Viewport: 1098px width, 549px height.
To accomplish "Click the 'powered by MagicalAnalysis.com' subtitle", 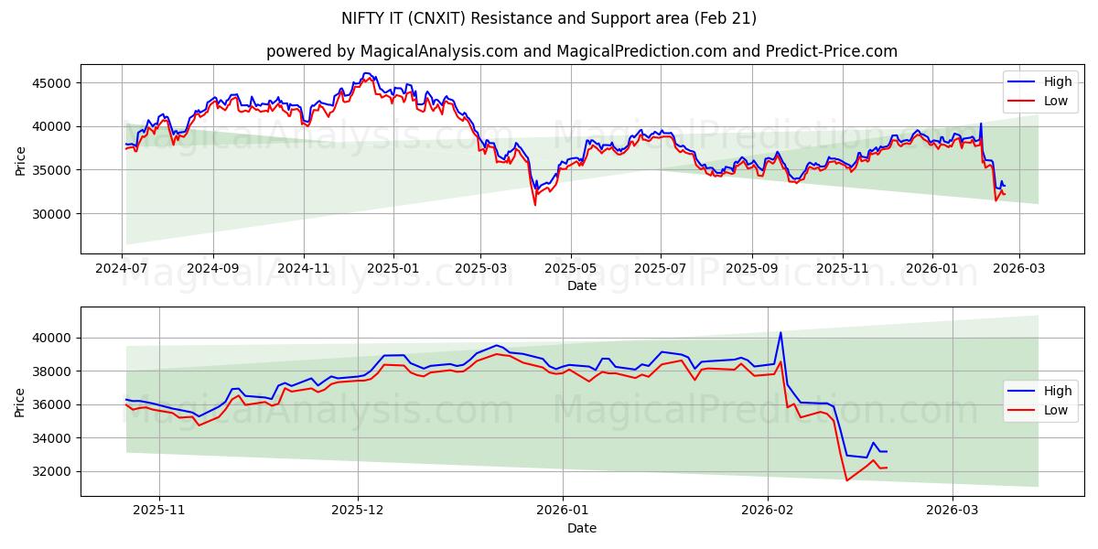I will [x=582, y=51].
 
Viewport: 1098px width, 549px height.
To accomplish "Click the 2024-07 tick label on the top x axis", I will [x=123, y=270].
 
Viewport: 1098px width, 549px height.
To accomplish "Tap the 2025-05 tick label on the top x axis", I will [x=571, y=270].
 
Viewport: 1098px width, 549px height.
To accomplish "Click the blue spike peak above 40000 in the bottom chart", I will [x=780, y=333].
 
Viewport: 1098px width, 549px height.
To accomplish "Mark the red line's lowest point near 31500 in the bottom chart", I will [x=846, y=480].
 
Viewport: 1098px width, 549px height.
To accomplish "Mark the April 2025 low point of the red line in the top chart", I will [x=535, y=204].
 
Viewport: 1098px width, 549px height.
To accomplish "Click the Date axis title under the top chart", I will [x=582, y=285].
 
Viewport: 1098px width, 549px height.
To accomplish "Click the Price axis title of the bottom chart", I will [x=20, y=402].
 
